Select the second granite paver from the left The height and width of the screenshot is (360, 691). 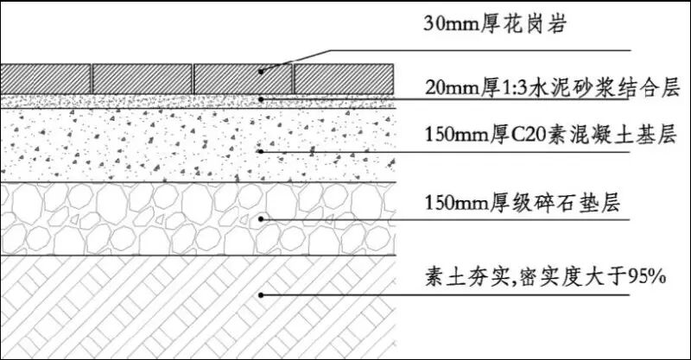pyautogui.click(x=142, y=78)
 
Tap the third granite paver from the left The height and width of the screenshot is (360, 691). pyautogui.click(x=242, y=78)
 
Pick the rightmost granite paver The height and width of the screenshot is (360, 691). pyautogui.click(x=344, y=78)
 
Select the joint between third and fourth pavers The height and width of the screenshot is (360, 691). pyautogui.click(x=292, y=78)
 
